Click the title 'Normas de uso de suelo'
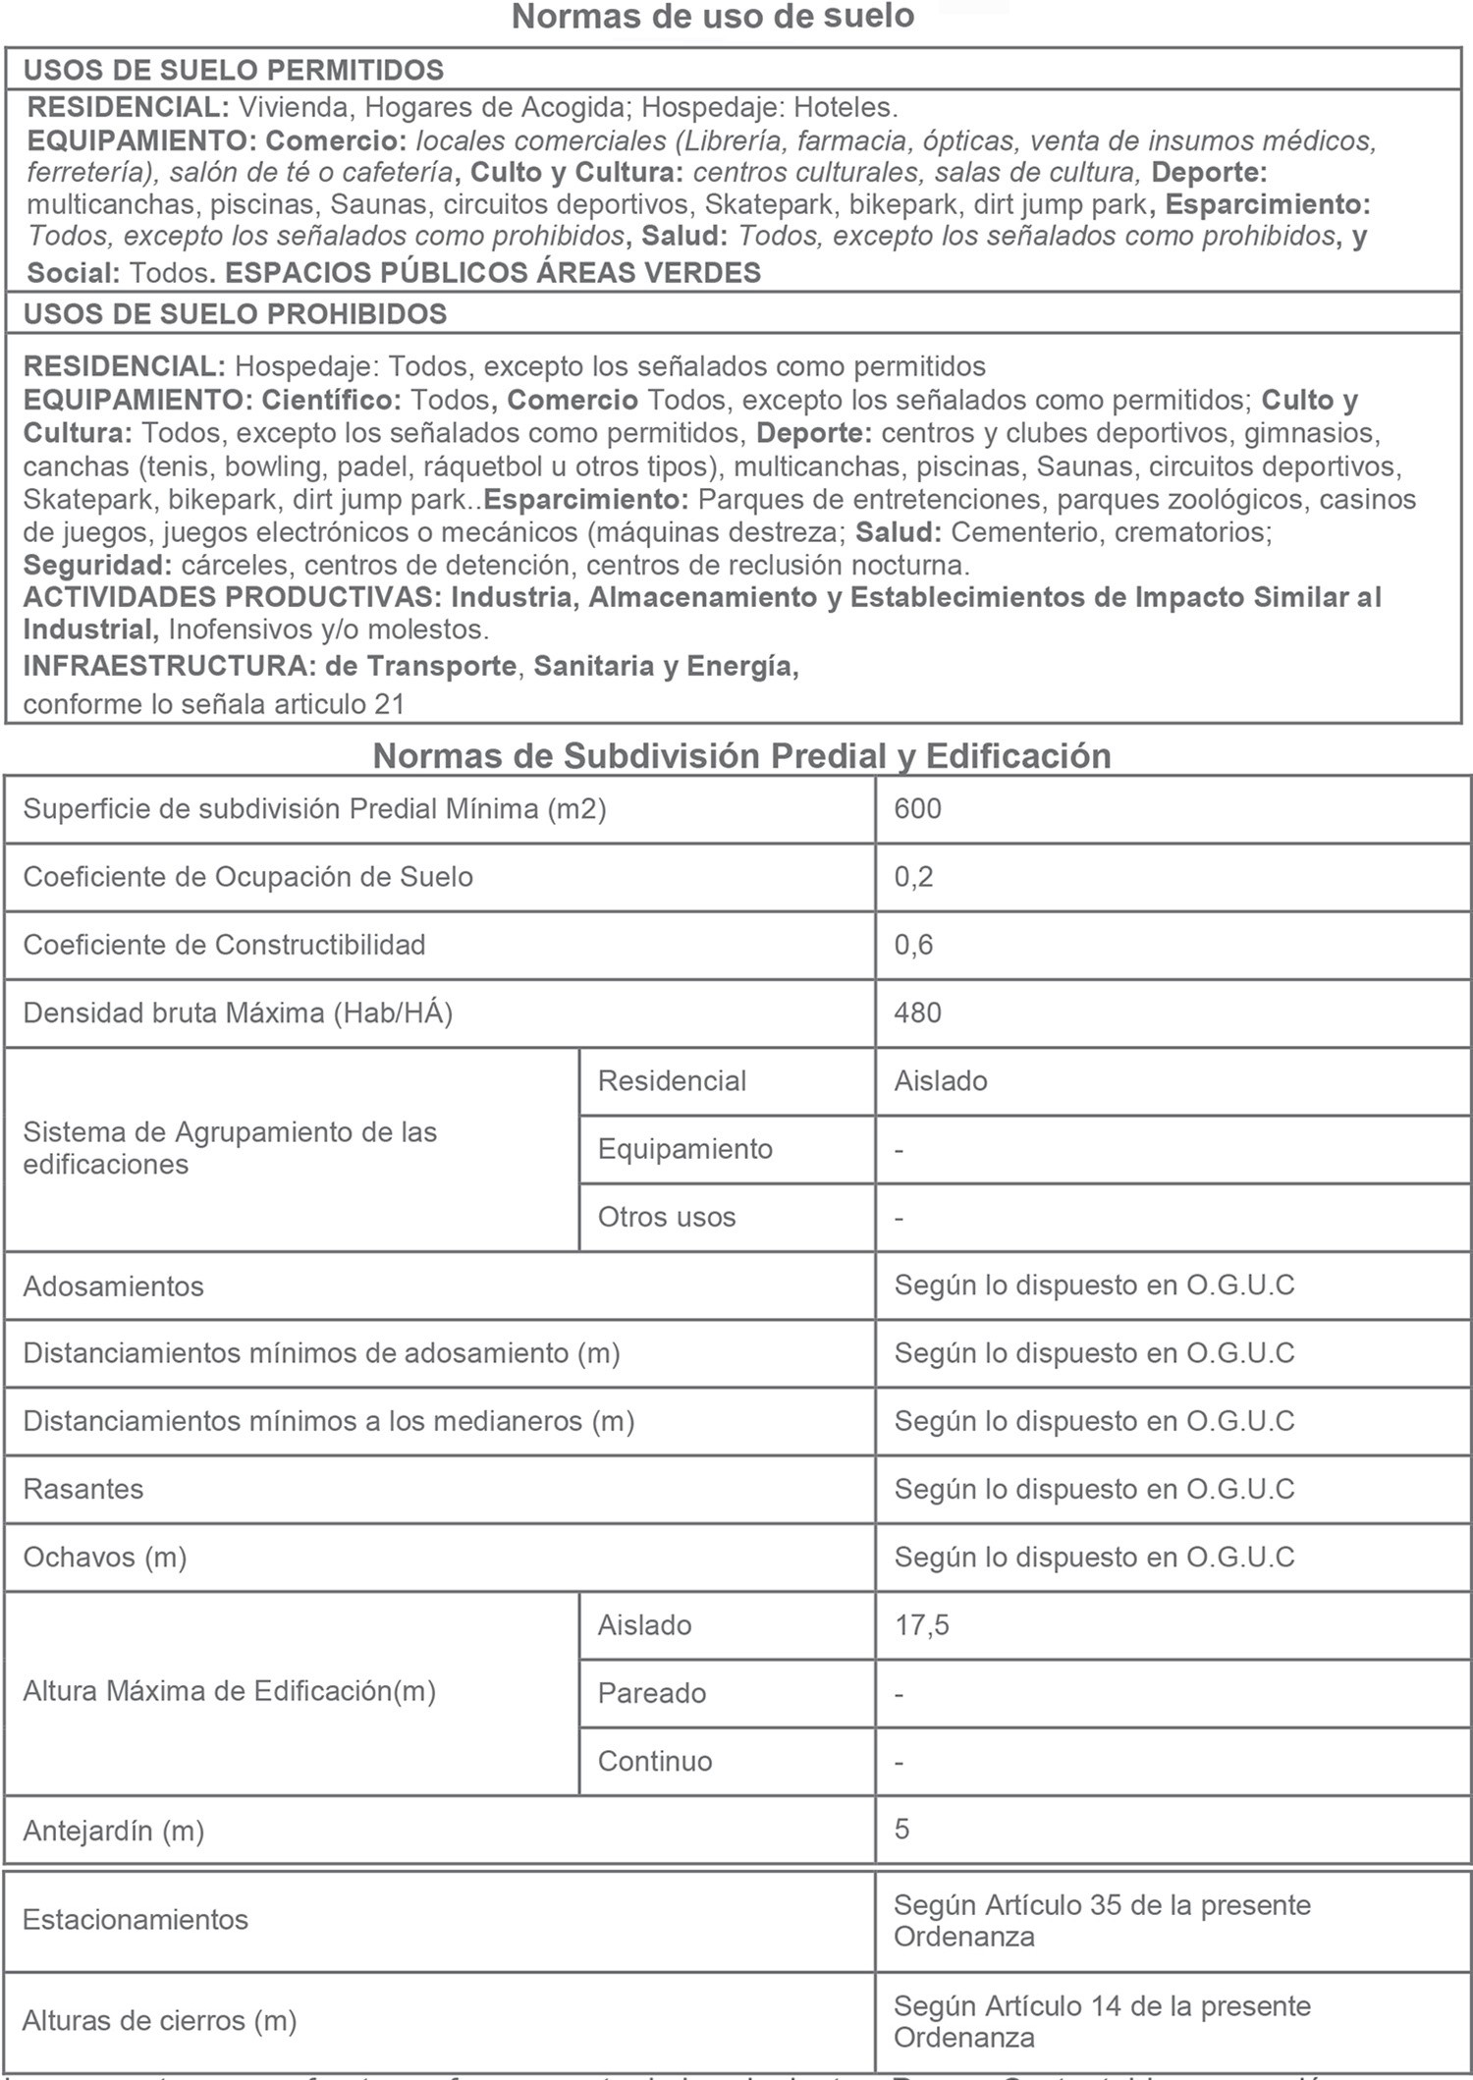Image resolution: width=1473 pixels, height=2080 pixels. (x=713, y=17)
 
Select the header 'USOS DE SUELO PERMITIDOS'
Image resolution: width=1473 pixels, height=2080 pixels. (x=234, y=70)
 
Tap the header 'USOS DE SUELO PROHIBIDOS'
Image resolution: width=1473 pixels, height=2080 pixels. (x=235, y=314)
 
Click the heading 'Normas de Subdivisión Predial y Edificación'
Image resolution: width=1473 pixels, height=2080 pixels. (x=741, y=755)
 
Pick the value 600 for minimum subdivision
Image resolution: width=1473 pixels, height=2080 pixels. (x=917, y=809)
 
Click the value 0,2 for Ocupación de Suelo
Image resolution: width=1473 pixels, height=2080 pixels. (x=913, y=877)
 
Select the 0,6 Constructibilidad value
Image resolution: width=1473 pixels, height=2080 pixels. (x=913, y=945)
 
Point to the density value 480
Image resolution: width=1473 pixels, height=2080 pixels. (x=917, y=1013)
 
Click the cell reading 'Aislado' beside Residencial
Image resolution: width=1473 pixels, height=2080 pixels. (x=940, y=1081)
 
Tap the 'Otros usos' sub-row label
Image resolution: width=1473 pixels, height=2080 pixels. (x=666, y=1217)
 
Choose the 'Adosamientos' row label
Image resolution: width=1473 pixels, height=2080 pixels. (x=113, y=1286)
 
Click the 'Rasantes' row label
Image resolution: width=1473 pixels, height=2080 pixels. (x=83, y=1489)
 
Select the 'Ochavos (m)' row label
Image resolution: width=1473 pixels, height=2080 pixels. (x=105, y=1558)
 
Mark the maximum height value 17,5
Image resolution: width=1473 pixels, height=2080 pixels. (x=921, y=1625)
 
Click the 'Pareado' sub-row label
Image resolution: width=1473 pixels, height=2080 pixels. (x=651, y=1693)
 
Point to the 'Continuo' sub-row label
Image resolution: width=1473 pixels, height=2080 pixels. (x=654, y=1761)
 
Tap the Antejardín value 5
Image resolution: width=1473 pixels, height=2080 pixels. (x=901, y=1829)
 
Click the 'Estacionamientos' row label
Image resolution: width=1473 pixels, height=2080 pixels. (x=136, y=1920)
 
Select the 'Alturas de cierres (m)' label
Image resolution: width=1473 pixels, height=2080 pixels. (x=159, y=2021)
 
